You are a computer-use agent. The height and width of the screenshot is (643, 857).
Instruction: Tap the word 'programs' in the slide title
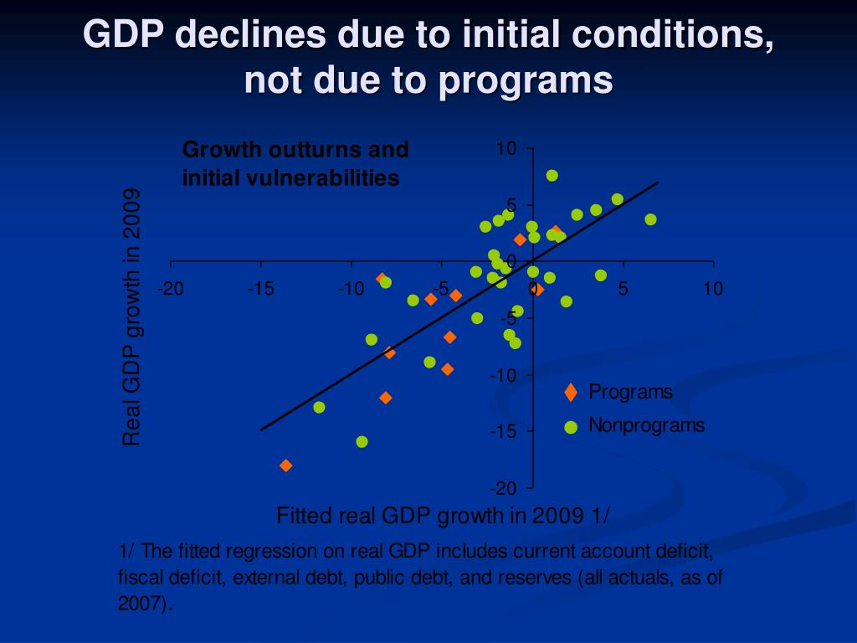tap(525, 81)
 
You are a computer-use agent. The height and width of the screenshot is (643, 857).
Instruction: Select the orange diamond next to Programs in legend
tap(571, 392)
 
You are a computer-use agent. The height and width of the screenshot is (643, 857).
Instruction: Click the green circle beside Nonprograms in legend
tap(571, 427)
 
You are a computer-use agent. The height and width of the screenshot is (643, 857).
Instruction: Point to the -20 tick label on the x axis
tap(171, 289)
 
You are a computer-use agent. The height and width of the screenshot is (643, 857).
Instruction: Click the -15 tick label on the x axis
tap(260, 289)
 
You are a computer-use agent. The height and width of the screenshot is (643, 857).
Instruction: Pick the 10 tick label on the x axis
tap(712, 289)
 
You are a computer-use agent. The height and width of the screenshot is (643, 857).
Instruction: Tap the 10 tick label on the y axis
tap(506, 149)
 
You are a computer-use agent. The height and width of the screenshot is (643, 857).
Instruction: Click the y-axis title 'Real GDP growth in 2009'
tap(131, 317)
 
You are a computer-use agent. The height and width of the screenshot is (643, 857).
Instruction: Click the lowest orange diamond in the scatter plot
tap(286, 466)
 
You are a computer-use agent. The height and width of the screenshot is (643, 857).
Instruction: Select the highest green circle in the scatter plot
tap(552, 175)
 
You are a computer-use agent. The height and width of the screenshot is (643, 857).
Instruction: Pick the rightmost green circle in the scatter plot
tap(650, 219)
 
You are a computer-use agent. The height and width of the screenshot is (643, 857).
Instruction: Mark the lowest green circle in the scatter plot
tap(362, 441)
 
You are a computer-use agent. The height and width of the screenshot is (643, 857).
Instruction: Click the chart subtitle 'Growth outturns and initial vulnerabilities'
tap(295, 164)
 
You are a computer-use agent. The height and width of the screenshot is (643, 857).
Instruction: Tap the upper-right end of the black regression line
tap(658, 183)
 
